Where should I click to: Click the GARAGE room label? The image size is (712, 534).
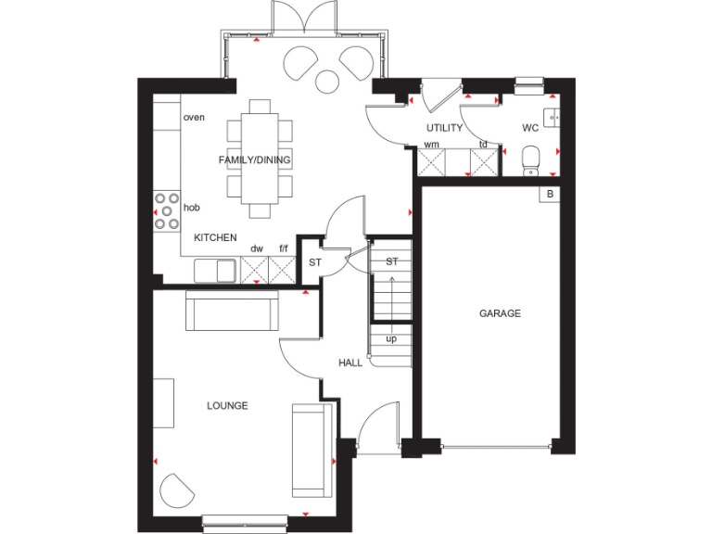[500, 313]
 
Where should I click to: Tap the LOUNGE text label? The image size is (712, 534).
[227, 405]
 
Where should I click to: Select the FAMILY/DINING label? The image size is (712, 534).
[254, 159]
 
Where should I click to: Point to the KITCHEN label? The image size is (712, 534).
[215, 238]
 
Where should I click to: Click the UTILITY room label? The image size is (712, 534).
[444, 128]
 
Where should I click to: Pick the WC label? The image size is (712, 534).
[530, 128]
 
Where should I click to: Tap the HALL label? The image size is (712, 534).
[350, 362]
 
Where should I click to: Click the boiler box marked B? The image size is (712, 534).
[550, 194]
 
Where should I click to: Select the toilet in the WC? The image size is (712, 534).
[531, 159]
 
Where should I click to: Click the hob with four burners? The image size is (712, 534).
[167, 210]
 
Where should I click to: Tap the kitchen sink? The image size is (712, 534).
[217, 270]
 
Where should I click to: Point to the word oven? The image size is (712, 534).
[194, 117]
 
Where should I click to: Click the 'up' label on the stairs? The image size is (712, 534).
[391, 338]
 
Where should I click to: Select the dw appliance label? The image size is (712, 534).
[257, 249]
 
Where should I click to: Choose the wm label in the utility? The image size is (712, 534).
[432, 145]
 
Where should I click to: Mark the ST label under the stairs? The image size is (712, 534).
[391, 261]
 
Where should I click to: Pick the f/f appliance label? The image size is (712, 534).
[284, 249]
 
